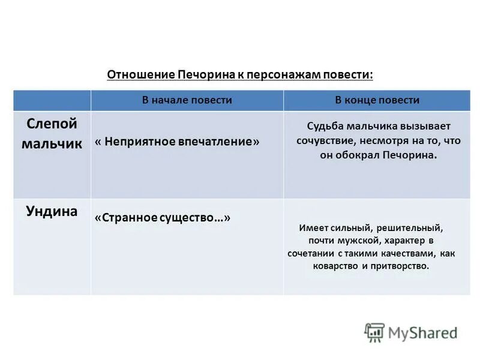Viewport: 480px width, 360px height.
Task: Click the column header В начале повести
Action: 187,100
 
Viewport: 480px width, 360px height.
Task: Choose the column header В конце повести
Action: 377,100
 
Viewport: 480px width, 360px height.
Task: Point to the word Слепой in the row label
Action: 52,124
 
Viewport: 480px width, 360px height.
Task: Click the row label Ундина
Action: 52,211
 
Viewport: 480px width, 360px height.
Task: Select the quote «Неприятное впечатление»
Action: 178,142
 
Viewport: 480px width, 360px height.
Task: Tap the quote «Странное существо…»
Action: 162,218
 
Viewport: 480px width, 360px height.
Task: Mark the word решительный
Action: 414,228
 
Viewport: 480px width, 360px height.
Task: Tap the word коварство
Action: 335,266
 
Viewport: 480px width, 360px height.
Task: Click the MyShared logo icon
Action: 374,332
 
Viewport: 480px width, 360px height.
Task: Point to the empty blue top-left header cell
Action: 52,100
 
